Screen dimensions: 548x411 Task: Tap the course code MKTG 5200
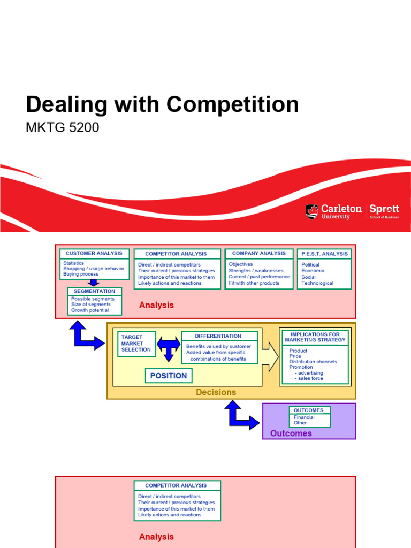pyautogui.click(x=62, y=128)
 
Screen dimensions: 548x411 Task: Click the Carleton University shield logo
pyautogui.click(x=311, y=211)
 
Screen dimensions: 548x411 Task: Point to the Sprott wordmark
pyautogui.click(x=384, y=209)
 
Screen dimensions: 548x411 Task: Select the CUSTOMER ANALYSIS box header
pyautogui.click(x=94, y=254)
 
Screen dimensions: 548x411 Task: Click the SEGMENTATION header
pyautogui.click(x=94, y=292)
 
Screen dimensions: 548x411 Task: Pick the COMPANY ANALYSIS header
pyautogui.click(x=259, y=254)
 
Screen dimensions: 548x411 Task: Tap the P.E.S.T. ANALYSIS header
pyautogui.click(x=324, y=254)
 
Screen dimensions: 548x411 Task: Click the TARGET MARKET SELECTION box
pyautogui.click(x=136, y=344)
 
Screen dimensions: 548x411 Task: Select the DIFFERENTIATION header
pyautogui.click(x=218, y=336)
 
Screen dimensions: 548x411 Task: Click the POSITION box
pyautogui.click(x=169, y=376)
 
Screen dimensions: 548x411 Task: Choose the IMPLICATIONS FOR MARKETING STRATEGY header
pyautogui.click(x=315, y=337)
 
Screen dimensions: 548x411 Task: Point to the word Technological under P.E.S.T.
pyautogui.click(x=317, y=283)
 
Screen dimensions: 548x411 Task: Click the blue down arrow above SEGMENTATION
pyautogui.click(x=94, y=283)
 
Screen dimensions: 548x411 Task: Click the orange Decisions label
pyautogui.click(x=216, y=392)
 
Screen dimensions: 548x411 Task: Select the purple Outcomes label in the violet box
pyautogui.click(x=291, y=433)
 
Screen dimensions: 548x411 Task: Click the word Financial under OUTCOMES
pyautogui.click(x=304, y=417)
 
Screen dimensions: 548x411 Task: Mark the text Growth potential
pyautogui.click(x=90, y=310)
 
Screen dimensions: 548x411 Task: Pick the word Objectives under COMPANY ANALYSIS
pyautogui.click(x=241, y=264)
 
